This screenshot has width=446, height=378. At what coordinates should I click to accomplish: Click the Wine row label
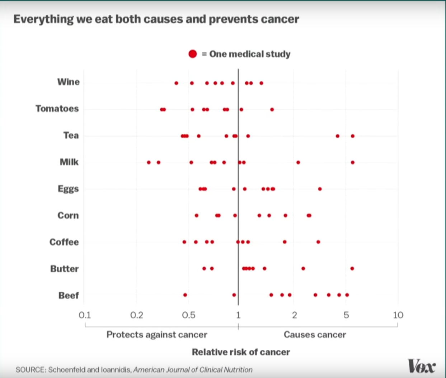(68, 82)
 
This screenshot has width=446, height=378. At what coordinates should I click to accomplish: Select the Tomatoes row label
(57, 109)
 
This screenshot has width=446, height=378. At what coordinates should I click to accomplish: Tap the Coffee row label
(64, 242)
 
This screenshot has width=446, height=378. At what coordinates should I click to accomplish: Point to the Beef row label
(68, 295)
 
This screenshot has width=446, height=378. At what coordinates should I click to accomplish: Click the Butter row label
(64, 269)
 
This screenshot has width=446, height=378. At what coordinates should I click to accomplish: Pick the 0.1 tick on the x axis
(85, 315)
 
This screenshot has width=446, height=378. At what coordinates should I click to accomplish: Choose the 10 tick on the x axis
(398, 315)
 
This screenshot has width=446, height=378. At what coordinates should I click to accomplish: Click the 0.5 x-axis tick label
(189, 315)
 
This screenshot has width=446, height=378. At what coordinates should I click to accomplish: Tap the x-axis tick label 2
(294, 315)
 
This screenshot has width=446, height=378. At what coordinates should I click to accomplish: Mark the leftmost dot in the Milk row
(149, 163)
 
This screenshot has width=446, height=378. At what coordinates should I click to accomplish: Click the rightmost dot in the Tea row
(353, 136)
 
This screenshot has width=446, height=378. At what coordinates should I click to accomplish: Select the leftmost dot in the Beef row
(185, 295)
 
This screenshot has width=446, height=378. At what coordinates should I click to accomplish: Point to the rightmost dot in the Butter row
(352, 268)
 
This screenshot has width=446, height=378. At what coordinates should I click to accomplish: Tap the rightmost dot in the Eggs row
(320, 189)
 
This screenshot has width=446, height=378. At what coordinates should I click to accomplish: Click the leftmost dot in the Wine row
(176, 83)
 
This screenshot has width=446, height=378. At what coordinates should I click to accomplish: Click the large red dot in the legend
(193, 54)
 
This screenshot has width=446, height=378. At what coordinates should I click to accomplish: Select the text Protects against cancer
(157, 335)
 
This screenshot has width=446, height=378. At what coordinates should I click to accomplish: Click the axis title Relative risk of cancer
(241, 352)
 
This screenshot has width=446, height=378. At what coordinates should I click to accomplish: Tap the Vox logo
(422, 366)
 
